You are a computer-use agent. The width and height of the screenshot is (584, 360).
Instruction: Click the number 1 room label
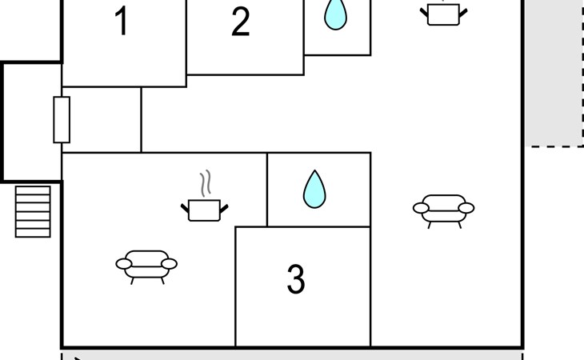tap(122, 22)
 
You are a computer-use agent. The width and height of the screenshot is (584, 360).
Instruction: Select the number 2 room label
tap(240, 23)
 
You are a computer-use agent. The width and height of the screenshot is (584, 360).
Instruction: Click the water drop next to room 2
tap(335, 14)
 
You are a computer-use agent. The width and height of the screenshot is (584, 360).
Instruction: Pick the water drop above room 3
tap(314, 190)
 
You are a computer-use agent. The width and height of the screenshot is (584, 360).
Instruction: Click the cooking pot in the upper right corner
tap(443, 14)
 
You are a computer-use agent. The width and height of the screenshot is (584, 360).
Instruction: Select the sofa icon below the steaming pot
tap(146, 264)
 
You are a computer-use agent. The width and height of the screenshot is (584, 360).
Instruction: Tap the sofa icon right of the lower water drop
tap(443, 209)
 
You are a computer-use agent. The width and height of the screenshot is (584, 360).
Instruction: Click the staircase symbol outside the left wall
tap(33, 211)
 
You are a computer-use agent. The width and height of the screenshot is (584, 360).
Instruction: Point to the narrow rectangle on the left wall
tap(62, 119)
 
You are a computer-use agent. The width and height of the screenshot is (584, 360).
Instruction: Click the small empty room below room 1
tap(102, 119)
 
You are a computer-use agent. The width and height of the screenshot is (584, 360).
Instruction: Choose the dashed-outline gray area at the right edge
tap(557, 72)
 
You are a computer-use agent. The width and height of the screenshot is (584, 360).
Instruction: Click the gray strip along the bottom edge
tap(292, 354)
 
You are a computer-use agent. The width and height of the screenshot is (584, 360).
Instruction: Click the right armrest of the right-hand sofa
tap(466, 208)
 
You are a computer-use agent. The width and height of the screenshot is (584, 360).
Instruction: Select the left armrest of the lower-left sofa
tap(123, 263)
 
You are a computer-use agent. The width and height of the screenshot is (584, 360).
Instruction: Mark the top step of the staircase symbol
tap(33, 190)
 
